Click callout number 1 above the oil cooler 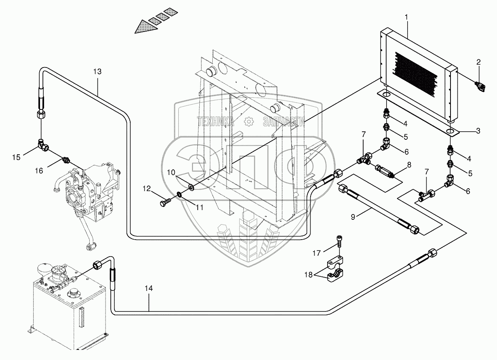pos(406,17)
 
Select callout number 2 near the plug pos(478,62)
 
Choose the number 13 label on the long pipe pos(97,72)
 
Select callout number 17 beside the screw pos(317,253)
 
